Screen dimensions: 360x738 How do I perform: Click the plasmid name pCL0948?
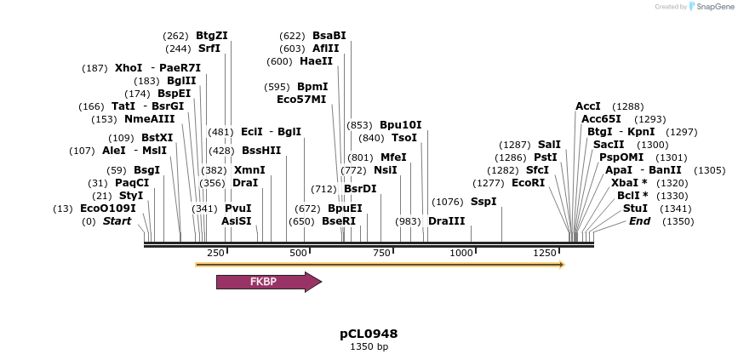(x=369, y=334)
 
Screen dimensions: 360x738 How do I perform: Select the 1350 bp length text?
(x=369, y=347)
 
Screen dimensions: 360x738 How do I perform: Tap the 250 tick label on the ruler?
(x=215, y=253)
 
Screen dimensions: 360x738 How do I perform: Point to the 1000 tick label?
(x=461, y=253)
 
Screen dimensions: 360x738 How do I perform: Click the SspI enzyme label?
(x=483, y=202)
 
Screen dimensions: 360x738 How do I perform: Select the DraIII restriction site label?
(x=447, y=221)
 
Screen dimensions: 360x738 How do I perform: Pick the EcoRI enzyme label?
(x=528, y=183)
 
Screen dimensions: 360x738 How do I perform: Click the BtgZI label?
(x=212, y=36)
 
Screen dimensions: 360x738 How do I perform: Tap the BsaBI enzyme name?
(x=329, y=36)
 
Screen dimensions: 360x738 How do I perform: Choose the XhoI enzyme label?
(x=129, y=68)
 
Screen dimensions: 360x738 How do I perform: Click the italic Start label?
(x=117, y=221)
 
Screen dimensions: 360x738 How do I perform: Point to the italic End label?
(x=639, y=221)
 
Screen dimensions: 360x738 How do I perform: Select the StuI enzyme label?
(x=635, y=209)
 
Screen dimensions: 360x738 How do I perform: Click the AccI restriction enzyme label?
(x=588, y=106)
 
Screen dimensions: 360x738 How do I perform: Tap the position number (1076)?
(x=448, y=202)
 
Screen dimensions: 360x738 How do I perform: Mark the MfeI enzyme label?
(x=393, y=157)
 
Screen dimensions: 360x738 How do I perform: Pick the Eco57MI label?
(x=301, y=100)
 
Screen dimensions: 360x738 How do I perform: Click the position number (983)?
(x=409, y=221)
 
